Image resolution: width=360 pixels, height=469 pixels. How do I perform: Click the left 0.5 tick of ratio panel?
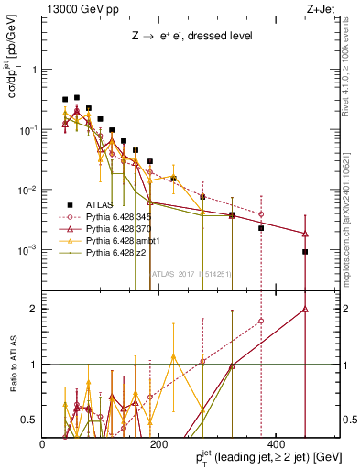[31, 420]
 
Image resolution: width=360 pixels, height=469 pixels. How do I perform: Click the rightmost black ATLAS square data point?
[305, 252]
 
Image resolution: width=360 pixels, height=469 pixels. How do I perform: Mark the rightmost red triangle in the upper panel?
[305, 234]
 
